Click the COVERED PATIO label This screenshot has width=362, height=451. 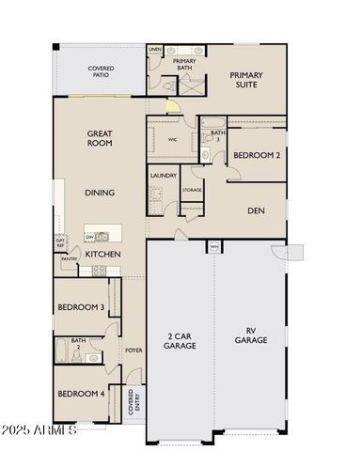[102, 71]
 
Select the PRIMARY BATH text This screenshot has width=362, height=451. [183, 64]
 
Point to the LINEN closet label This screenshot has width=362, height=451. [155, 49]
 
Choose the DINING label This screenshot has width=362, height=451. [100, 193]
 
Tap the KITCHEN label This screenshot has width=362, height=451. [102, 254]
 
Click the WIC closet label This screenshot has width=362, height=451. [173, 139]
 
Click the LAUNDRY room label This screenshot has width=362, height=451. [163, 175]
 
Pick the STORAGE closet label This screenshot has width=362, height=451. [192, 191]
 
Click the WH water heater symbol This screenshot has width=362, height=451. [214, 247]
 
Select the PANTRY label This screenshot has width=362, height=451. [69, 258]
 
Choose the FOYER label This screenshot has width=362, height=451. [134, 350]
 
